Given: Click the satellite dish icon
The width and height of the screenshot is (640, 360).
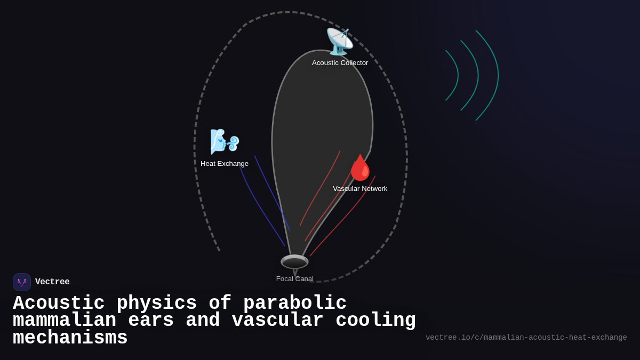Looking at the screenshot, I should coord(339,42).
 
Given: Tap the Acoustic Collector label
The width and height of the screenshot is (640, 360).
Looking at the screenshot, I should coord(340,63).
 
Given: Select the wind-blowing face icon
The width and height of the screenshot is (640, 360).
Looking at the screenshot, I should coord(224,141).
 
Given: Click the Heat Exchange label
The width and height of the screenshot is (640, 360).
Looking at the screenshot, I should coord(225,164).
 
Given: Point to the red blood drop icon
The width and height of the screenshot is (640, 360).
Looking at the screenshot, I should coord(360,167).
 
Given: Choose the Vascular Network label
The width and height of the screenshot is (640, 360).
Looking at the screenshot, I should coord(360,189).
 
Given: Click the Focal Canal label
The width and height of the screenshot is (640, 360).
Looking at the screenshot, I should coord(294,279).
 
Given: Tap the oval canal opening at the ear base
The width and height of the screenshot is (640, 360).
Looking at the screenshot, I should coord(294,262).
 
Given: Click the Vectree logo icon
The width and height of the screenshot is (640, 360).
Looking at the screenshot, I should coord(22,282).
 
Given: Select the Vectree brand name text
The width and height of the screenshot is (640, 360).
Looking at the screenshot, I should coord(52,282).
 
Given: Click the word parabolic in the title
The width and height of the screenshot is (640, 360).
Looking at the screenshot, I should coord(295,303).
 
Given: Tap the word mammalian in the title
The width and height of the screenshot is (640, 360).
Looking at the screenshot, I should coord(64,321).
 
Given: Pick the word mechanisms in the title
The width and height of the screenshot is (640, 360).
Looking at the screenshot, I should coord(70,338).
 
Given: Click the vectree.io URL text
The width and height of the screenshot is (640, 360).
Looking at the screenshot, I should coord(526,338).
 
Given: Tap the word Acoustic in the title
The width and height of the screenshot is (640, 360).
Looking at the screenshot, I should coord(59,303).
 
